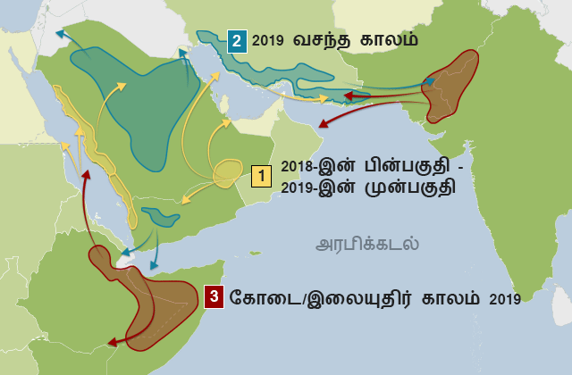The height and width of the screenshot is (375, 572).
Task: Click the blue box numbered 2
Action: pyautogui.click(x=237, y=41)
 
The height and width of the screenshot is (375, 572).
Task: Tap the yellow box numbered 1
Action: pyautogui.click(x=262, y=176)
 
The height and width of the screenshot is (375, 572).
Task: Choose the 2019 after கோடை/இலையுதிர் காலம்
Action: pyautogui.click(x=505, y=298)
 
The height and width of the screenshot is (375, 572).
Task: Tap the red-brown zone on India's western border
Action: pyautogui.click(x=454, y=84)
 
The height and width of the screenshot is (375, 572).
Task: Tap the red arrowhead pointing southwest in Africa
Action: pyautogui.click(x=110, y=342)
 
